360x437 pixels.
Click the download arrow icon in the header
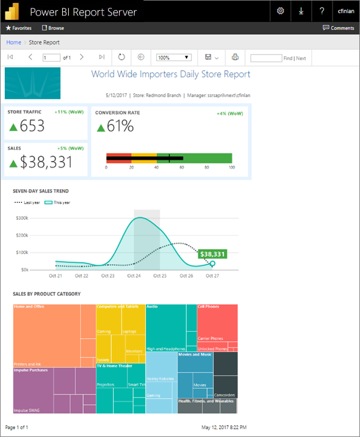pos(301,11)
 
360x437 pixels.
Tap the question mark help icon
pos(322,11)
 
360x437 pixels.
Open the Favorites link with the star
pos(18,28)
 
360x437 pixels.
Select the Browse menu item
pos(53,28)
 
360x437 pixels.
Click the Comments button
pos(338,28)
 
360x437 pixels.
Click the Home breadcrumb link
pos(14,43)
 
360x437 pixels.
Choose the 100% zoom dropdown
pos(173,57)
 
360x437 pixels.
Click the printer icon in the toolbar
pos(235,57)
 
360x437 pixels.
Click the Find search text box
pos(266,58)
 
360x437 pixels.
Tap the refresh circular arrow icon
pos(121,57)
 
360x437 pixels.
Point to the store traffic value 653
pos(32,126)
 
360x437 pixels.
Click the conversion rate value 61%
pos(120,126)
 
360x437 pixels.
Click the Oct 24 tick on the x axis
pos(134,276)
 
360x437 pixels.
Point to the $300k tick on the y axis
pos(37,218)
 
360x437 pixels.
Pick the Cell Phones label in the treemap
pos(209,306)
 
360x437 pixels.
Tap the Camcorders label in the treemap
pos(225,395)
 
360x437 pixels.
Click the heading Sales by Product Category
pos(47,294)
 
